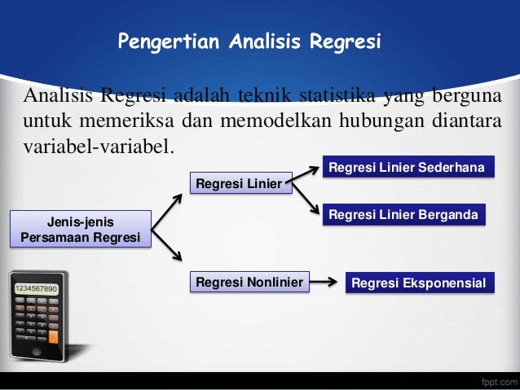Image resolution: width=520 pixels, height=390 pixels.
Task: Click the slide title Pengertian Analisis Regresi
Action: point(249,41)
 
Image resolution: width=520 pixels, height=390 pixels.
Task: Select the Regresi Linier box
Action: point(240,183)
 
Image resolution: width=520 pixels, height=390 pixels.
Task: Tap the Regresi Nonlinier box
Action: point(249,283)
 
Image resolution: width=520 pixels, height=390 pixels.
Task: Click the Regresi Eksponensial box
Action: point(417,283)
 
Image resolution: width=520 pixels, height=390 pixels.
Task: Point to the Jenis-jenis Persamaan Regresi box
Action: point(81,229)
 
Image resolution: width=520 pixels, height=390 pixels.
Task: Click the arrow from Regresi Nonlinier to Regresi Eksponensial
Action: point(325,283)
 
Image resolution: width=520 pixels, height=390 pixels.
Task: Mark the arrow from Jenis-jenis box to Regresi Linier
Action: point(168,211)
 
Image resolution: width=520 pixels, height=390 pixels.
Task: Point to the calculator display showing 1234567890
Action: point(34,289)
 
